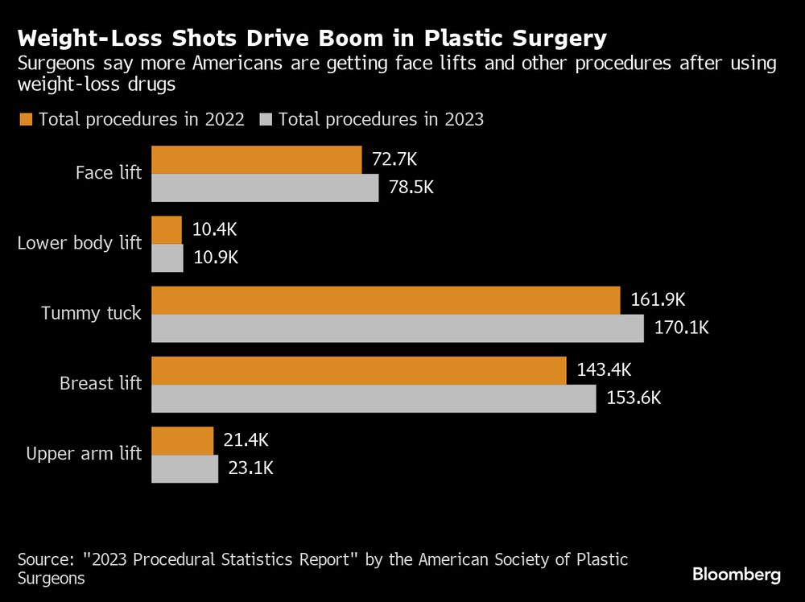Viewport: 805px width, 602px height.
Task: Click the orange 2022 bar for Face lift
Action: point(257,160)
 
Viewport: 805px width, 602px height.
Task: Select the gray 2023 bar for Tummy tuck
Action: point(398,328)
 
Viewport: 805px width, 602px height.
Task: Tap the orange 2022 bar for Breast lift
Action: point(359,371)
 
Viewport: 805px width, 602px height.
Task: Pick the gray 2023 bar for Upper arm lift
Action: point(185,468)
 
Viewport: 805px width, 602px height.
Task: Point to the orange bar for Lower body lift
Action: point(167,230)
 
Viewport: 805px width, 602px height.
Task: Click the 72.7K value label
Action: point(394,159)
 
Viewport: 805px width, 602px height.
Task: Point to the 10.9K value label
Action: point(216,258)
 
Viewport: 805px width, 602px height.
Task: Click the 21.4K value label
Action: point(246,440)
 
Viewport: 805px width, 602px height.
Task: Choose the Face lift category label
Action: point(109,173)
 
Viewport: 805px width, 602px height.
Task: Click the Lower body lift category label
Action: point(80,243)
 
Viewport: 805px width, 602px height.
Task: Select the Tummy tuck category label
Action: point(91,313)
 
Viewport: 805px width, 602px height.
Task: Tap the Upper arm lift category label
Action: point(84,454)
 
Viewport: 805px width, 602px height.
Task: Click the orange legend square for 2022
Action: point(25,120)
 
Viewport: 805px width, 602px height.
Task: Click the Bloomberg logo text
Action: point(737,575)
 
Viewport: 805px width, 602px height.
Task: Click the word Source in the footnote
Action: point(42,559)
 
